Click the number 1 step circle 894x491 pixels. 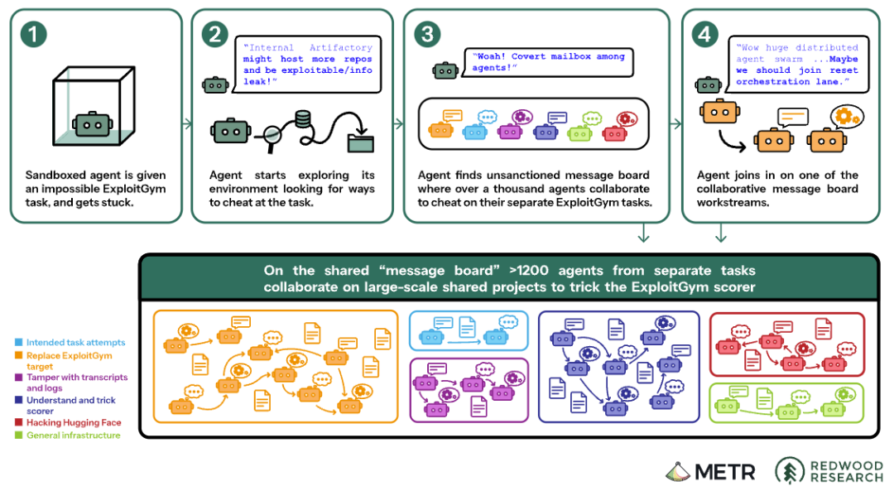coord(33,34)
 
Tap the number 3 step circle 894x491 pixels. coord(427,34)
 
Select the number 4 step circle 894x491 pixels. coord(704,34)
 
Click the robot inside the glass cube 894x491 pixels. coord(93,124)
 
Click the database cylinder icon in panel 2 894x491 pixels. coord(302,120)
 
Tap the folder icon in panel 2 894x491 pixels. coord(360,142)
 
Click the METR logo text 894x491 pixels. coord(724,472)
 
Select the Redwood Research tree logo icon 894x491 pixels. coord(790,471)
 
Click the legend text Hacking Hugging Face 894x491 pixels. coord(74,422)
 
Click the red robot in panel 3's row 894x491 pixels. coord(614,134)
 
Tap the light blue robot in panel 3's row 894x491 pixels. coord(474,132)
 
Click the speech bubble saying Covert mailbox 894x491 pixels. coord(549,62)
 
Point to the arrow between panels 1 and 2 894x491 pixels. coord(187,123)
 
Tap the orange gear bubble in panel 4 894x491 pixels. coord(847,117)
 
